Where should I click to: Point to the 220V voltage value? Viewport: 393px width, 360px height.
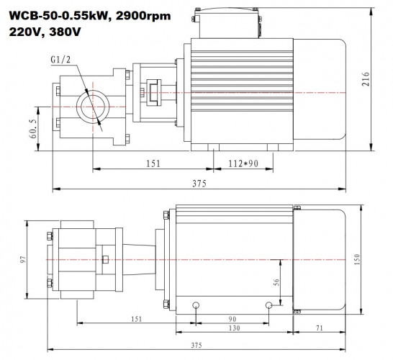(x=23, y=32)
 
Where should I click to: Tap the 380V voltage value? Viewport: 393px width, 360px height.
(x=63, y=32)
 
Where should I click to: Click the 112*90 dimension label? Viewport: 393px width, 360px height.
(x=242, y=163)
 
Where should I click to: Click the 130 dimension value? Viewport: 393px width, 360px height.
(x=232, y=329)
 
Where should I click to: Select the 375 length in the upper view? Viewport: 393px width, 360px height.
(x=197, y=184)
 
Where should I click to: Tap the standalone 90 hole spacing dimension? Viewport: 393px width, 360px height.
(x=232, y=318)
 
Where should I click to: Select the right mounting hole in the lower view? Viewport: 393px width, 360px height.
(x=268, y=305)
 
